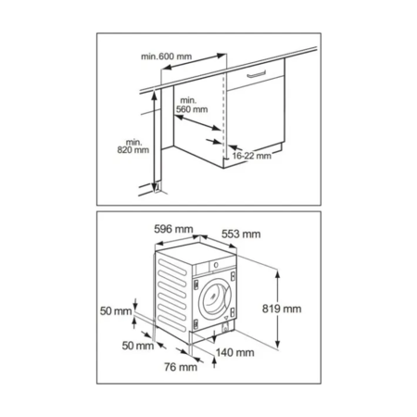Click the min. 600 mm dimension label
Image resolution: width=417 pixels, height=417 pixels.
coord(166,57)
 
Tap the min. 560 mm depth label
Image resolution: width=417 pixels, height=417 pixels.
coord(192,105)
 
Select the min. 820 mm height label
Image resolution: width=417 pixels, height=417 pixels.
coord(133,146)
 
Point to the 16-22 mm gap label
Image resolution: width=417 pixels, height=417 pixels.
coord(251,156)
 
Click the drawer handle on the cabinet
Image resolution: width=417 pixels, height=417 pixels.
coord(257,74)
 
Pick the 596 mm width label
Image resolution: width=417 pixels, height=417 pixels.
coord(173,229)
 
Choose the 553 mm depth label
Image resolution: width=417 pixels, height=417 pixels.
coord(241,234)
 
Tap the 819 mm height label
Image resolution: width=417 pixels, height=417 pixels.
coord(282,309)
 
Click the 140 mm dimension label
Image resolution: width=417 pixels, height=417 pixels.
coord(234,352)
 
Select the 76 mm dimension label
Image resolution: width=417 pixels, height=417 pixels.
coord(181,367)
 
